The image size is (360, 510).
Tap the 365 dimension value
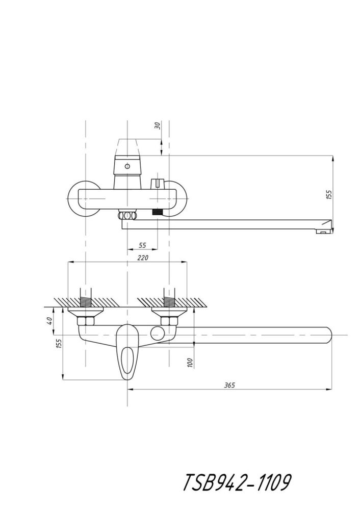coord(229,385)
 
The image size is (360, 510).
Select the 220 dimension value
coord(142,258)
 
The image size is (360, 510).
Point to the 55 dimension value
coord(142,245)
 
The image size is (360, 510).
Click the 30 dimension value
coord(158,125)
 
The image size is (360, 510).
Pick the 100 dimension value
coord(191,362)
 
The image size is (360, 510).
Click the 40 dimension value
coord(49,321)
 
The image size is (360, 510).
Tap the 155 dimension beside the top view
coord(329,194)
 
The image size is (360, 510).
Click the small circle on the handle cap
coord(127,167)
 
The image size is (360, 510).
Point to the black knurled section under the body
coord(158,212)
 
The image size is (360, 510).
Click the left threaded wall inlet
coord(86,297)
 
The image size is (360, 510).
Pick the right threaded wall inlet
coord(169,297)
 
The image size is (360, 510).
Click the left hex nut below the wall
coord(86,322)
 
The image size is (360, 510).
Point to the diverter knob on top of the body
coord(158,184)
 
